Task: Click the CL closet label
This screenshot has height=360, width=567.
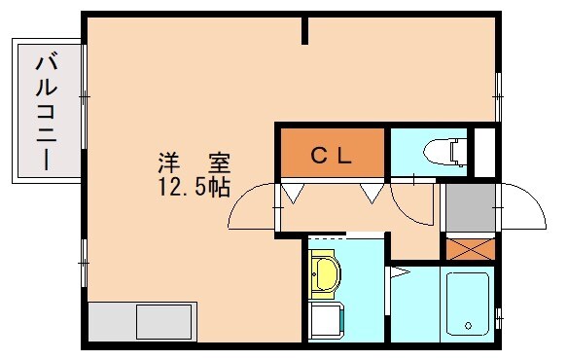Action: pos(333,154)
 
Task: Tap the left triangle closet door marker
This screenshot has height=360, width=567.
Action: pos(290,193)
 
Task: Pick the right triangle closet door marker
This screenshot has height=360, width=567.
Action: pos(371,193)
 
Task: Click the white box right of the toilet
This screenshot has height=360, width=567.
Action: pos(483,151)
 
